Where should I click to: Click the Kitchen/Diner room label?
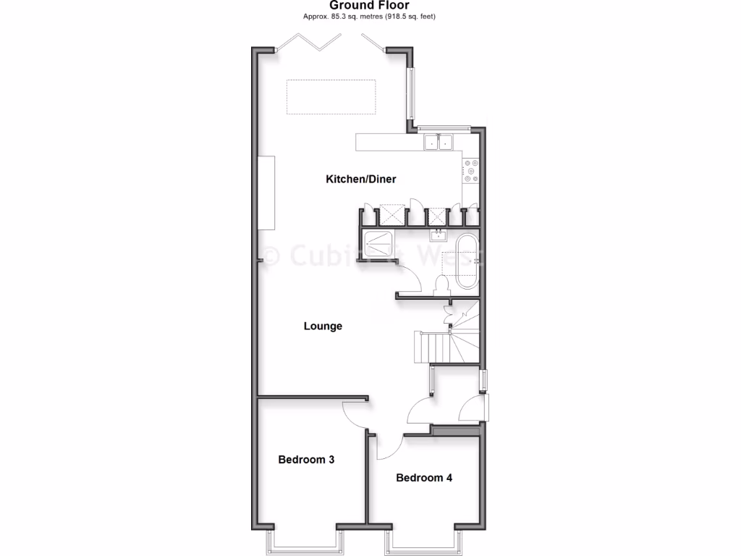(x=361, y=179)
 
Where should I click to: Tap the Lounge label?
(x=323, y=327)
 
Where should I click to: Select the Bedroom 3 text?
(x=306, y=459)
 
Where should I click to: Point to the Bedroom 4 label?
(x=424, y=478)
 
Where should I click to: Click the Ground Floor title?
(x=370, y=6)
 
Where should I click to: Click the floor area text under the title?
(x=370, y=16)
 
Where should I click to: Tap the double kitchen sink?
(x=438, y=142)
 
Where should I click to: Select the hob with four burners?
(x=471, y=171)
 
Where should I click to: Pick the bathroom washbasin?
(x=437, y=235)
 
